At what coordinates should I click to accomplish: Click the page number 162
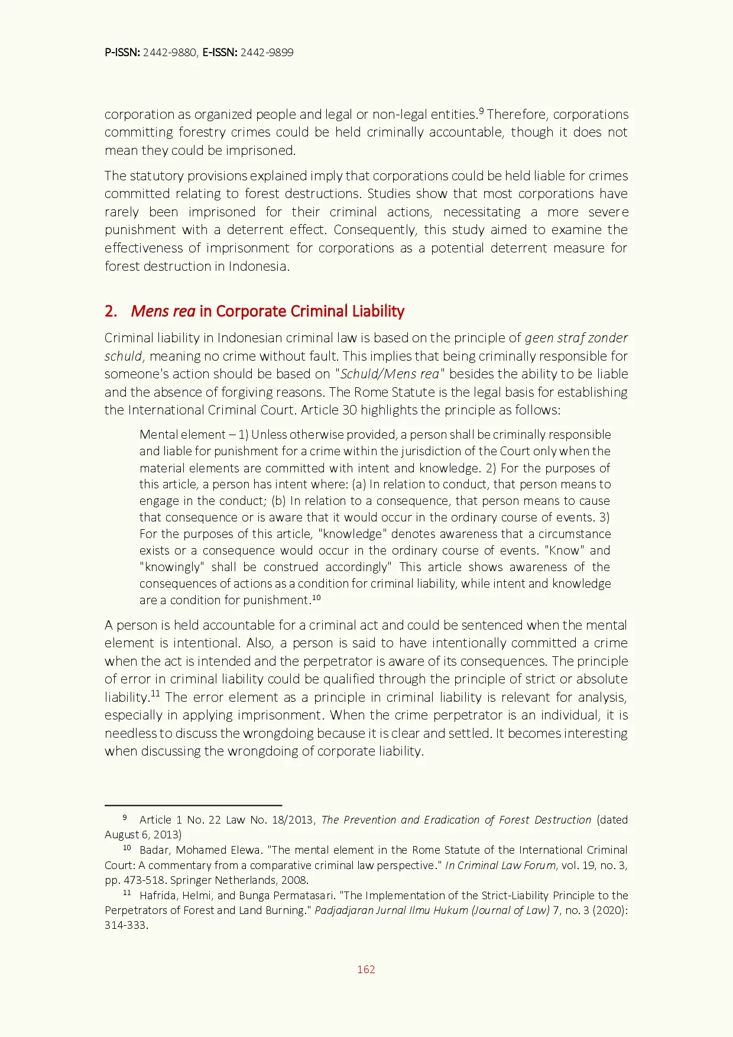click(x=366, y=969)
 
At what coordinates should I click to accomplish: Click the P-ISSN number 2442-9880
click(x=170, y=53)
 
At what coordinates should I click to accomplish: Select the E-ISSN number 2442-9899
click(x=267, y=53)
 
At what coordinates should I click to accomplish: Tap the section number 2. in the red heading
click(x=111, y=312)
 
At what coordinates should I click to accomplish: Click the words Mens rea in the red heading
click(x=163, y=312)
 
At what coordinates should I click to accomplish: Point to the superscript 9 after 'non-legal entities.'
click(x=481, y=111)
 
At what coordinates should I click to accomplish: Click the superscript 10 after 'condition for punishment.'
click(x=316, y=597)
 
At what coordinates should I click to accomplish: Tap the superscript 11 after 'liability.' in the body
click(x=155, y=694)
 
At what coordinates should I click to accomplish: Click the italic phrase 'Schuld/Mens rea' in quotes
click(x=390, y=374)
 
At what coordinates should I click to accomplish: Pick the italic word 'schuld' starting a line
click(x=123, y=357)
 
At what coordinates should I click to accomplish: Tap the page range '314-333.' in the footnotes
click(x=126, y=925)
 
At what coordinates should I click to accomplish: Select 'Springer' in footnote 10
click(x=190, y=880)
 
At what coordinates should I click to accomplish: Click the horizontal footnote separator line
click(x=193, y=805)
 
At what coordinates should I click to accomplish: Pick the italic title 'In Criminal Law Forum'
click(x=501, y=866)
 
